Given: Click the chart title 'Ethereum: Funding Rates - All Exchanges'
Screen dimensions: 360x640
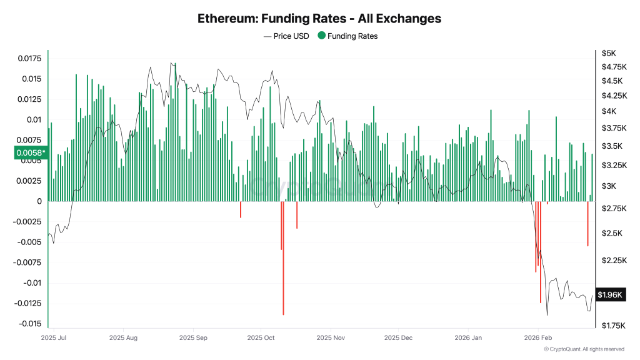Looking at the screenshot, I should (319, 19).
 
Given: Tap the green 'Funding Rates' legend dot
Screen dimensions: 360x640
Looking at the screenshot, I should (321, 36).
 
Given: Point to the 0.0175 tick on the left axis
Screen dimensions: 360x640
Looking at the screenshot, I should (29, 59).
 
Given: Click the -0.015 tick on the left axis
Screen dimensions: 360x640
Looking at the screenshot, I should (29, 324).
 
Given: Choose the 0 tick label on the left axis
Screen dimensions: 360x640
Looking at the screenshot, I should (39, 201).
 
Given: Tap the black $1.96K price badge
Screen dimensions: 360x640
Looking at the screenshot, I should (609, 294).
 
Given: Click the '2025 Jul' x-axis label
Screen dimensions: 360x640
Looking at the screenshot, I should (53, 337).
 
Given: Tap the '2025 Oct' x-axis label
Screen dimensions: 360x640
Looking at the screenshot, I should (261, 337).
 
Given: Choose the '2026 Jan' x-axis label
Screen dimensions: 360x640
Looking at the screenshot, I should (469, 337).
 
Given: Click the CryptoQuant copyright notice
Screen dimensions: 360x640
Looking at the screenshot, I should (583, 349).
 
